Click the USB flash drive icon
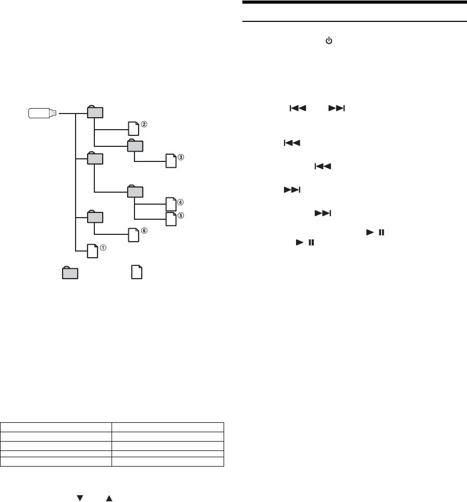tap(42, 112)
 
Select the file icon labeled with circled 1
tap(92, 251)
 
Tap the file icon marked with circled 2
tap(134, 128)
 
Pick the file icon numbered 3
tap(171, 161)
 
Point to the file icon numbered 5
tap(171, 219)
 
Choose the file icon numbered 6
tap(134, 235)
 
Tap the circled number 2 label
tap(145, 124)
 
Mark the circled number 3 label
tap(181, 157)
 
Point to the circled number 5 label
tap(181, 215)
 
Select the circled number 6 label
tap(145, 231)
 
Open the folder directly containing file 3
tap(135, 146)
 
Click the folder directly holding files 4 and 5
tap(135, 191)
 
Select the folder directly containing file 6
tap(95, 217)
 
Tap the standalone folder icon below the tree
tap(70, 273)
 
